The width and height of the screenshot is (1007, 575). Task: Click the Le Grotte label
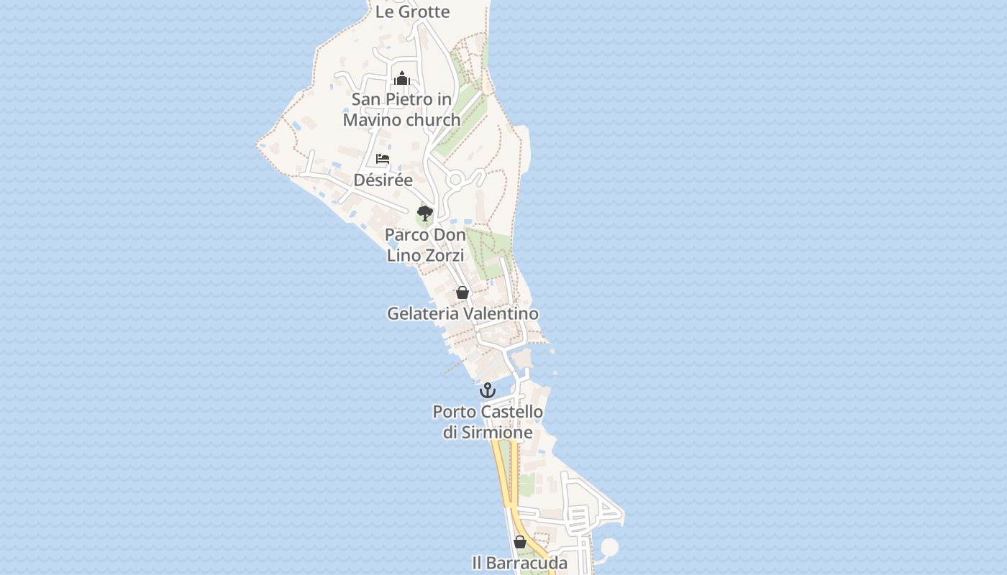[x=413, y=11]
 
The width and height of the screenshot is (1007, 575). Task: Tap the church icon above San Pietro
[x=401, y=78]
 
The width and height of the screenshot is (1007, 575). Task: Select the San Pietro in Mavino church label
[x=401, y=109]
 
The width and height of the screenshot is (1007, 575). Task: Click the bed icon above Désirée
[x=383, y=159]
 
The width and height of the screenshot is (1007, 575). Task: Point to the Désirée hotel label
[x=383, y=180]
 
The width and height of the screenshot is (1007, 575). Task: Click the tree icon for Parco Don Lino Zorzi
[x=425, y=213]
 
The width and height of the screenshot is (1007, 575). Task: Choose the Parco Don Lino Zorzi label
[x=425, y=244]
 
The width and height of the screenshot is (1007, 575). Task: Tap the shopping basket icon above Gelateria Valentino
[x=463, y=293]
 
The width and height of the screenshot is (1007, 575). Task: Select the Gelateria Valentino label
[x=463, y=314]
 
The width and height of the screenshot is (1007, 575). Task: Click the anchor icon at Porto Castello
[x=488, y=390]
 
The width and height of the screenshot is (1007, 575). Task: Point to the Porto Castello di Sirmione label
[x=488, y=422]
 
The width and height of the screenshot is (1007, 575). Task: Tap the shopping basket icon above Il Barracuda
[x=520, y=542]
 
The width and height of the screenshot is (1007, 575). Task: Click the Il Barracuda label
[x=520, y=563]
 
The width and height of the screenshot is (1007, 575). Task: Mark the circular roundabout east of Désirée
[x=455, y=179]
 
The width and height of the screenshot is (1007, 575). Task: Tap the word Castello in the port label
[x=511, y=412]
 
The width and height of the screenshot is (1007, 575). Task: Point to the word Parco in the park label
[x=405, y=235]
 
